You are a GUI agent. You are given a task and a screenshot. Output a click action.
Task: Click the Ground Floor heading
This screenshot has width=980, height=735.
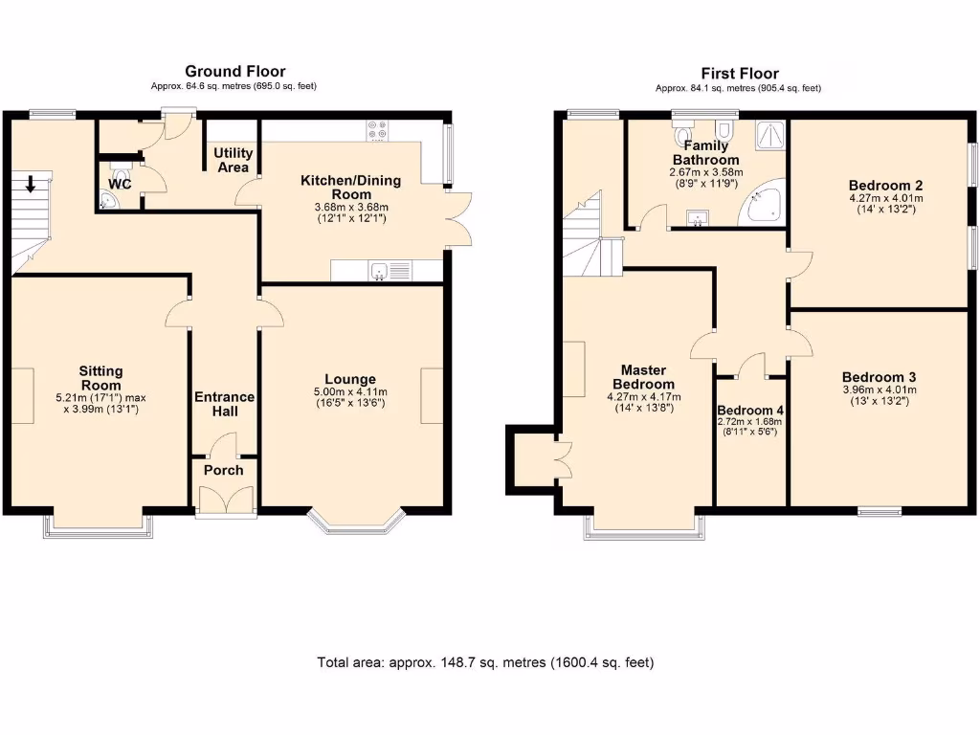pyautogui.click(x=234, y=71)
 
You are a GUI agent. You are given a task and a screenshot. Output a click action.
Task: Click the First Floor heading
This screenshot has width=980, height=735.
pyautogui.click(x=740, y=73)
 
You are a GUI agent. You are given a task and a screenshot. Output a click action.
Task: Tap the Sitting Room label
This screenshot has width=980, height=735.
pyautogui.click(x=100, y=378)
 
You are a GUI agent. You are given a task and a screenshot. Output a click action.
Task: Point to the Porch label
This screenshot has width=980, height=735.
pyautogui.click(x=224, y=470)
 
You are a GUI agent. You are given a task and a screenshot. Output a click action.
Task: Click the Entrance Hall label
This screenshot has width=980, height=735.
pyautogui.click(x=224, y=404)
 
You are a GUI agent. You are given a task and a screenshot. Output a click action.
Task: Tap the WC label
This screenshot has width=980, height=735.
pyautogui.click(x=120, y=184)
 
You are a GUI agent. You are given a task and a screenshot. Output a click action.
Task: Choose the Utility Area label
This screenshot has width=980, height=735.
pyautogui.click(x=233, y=160)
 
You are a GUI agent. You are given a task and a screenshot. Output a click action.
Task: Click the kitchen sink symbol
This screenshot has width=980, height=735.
pyautogui.click(x=380, y=272)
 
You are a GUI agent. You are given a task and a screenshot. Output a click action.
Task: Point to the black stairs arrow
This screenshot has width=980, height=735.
pyautogui.click(x=31, y=183)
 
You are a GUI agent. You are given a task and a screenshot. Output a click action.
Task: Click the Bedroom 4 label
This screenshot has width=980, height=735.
pyautogui.click(x=750, y=411)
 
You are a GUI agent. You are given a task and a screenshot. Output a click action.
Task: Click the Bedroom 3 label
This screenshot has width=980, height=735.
pyautogui.click(x=879, y=376)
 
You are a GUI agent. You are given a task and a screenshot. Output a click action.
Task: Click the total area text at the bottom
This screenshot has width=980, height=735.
pyautogui.click(x=485, y=662)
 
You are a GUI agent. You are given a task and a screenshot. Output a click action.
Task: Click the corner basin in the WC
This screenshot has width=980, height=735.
pyautogui.click(x=107, y=201)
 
